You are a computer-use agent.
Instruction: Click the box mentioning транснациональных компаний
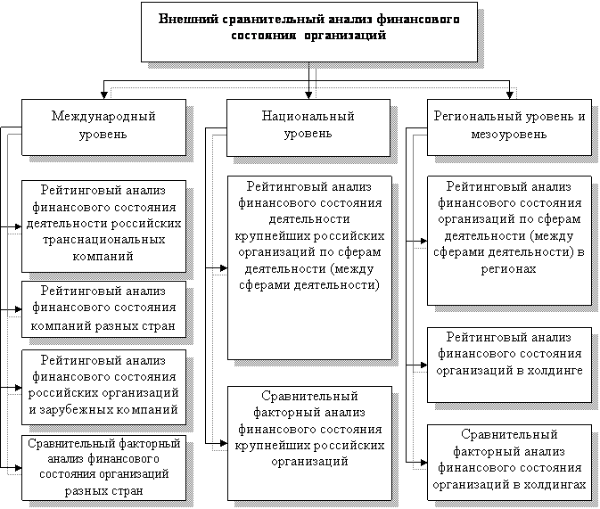[103, 224]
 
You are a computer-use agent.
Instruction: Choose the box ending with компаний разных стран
[103, 308]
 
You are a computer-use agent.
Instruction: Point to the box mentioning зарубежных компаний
[103, 384]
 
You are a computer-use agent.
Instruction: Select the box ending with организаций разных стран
[103, 466]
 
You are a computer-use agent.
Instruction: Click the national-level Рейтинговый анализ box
[308, 267]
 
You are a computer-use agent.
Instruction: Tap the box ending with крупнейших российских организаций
[308, 428]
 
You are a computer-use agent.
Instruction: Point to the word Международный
[103, 117]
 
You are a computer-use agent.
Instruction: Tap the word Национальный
[308, 117]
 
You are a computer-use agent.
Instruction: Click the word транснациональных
[103, 240]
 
